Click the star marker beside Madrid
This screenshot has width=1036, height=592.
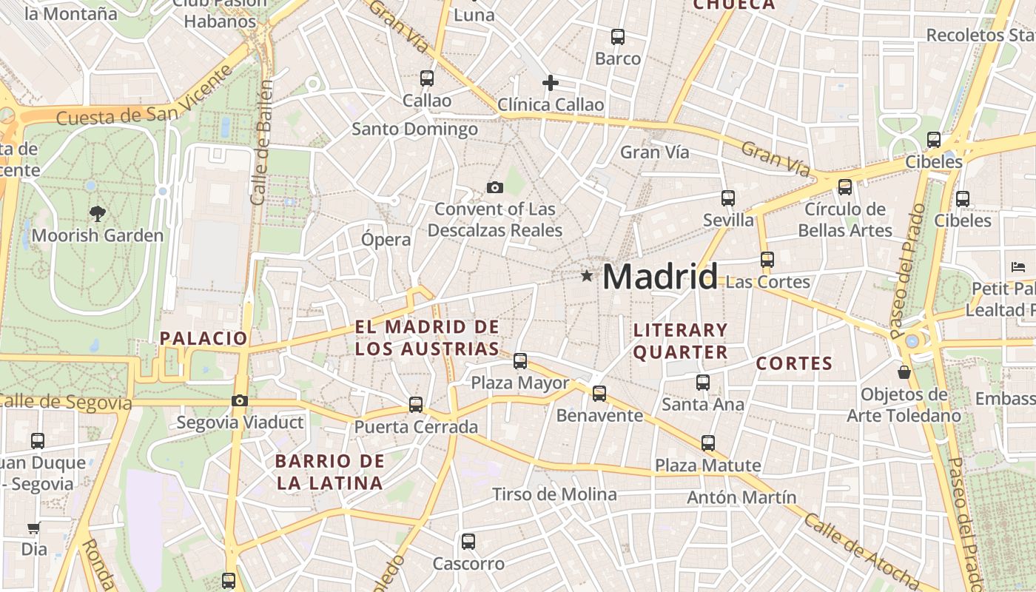coord(587,276)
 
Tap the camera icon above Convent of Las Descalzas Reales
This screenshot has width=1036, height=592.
coord(495,187)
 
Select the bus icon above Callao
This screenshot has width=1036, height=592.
coord(427,78)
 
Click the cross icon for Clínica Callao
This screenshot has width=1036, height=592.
coord(550,82)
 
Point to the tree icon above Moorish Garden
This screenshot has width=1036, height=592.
coord(97,215)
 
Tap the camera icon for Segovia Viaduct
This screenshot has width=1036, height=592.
coord(240,400)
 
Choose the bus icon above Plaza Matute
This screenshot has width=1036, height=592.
coord(708,443)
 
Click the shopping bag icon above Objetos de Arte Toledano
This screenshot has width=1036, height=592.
coord(904,371)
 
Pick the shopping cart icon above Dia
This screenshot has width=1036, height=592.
coord(33,528)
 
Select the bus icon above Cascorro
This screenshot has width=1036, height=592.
coord(468,541)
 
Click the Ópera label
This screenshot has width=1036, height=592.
coord(386,240)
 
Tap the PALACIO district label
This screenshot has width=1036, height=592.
coord(203,338)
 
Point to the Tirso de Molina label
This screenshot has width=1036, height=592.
coord(554,494)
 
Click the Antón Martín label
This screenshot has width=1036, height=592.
coord(741,497)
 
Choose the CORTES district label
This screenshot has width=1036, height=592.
coord(794,363)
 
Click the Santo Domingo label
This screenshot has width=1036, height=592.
coord(414,129)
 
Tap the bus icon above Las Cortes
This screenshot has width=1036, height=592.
coord(767,260)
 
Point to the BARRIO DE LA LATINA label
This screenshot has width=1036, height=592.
coord(329,472)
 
